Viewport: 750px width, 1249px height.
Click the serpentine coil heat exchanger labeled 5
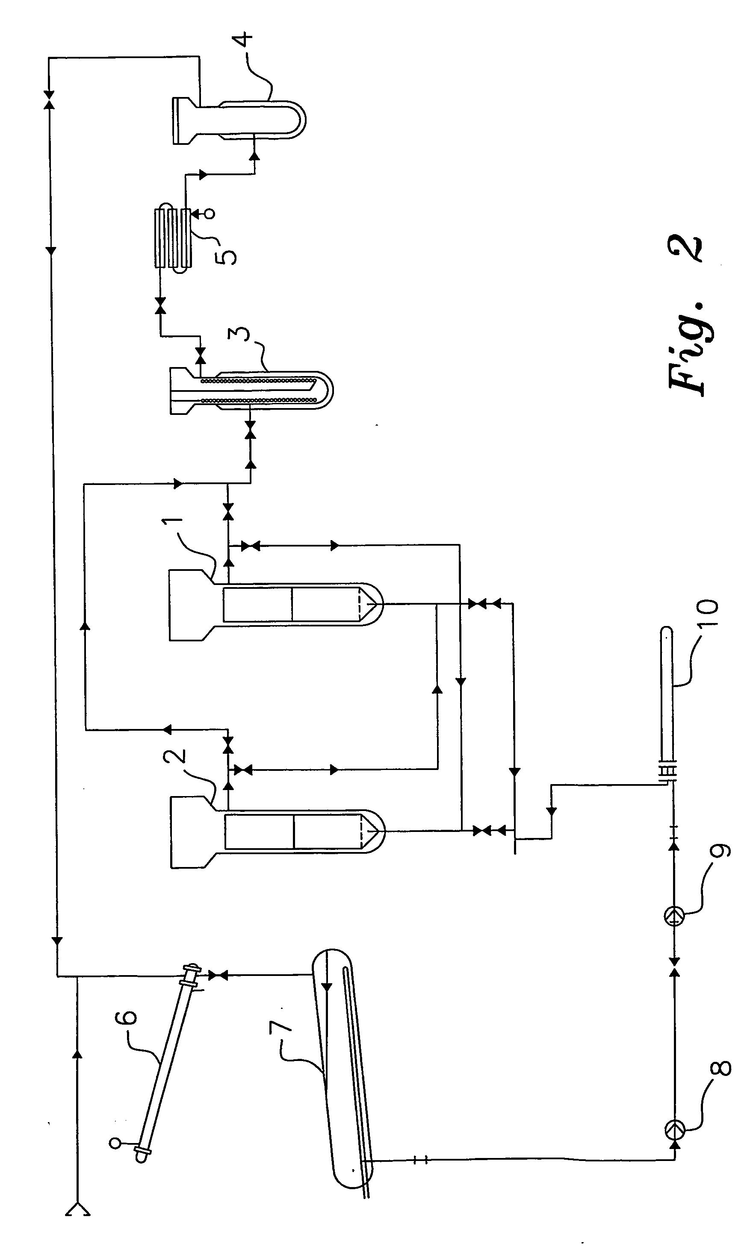(173, 238)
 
